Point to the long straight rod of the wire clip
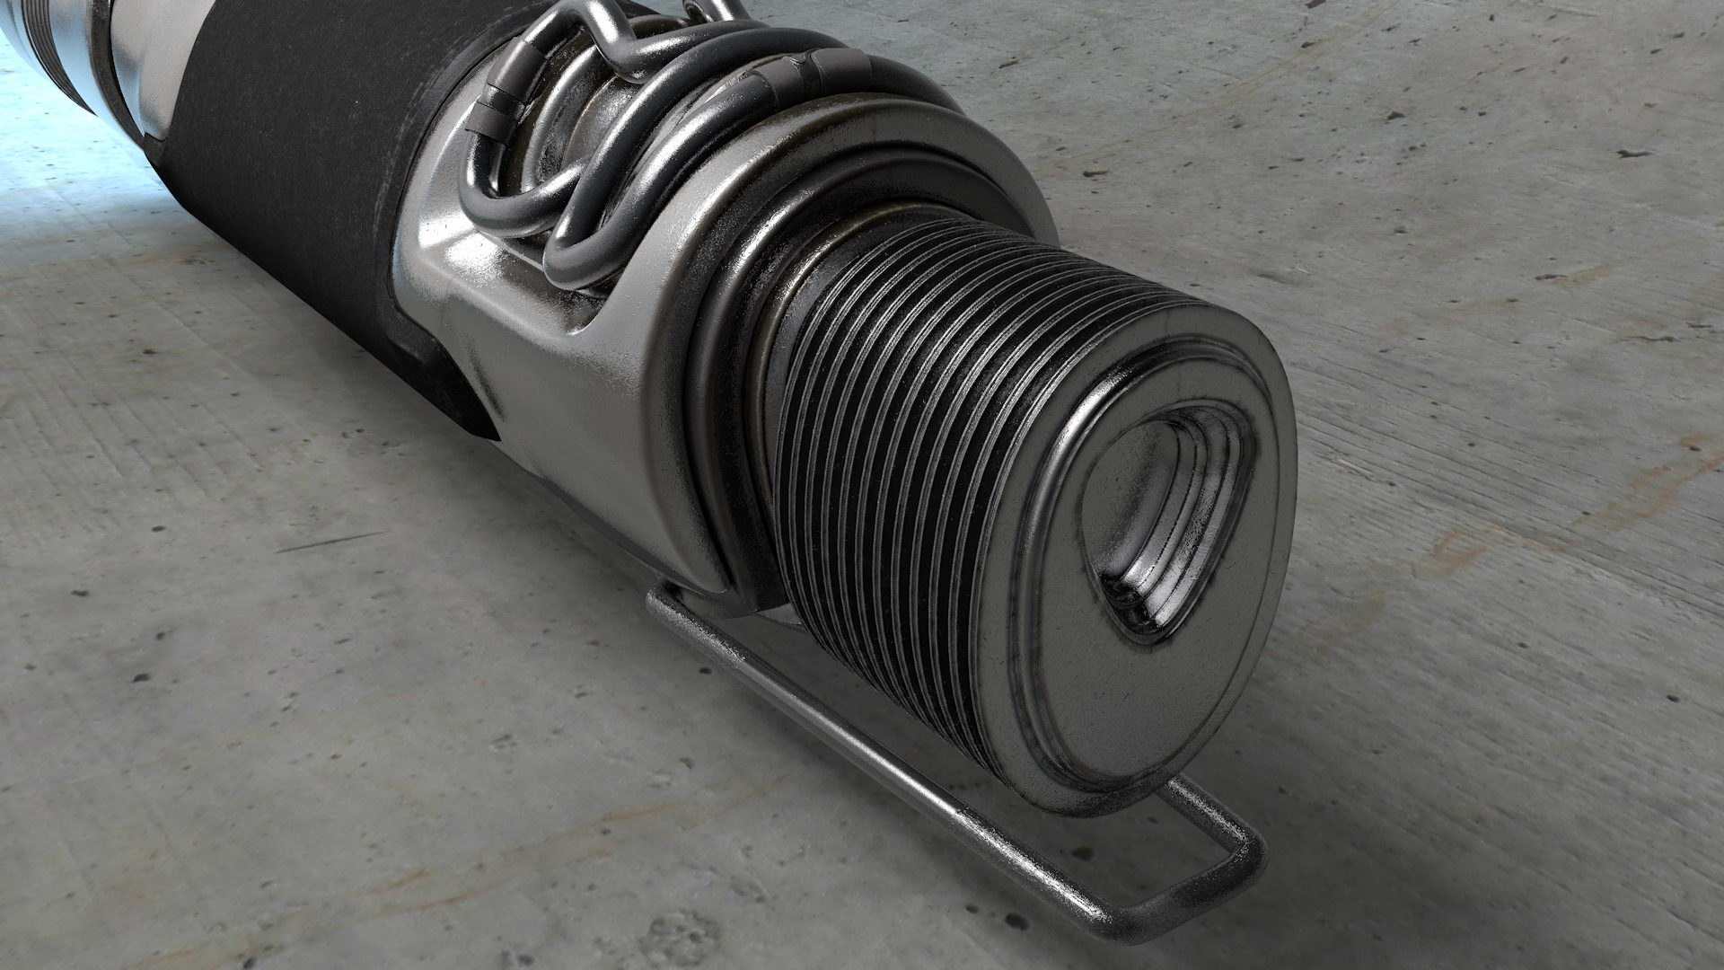[898, 763]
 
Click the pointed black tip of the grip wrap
[485, 431]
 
